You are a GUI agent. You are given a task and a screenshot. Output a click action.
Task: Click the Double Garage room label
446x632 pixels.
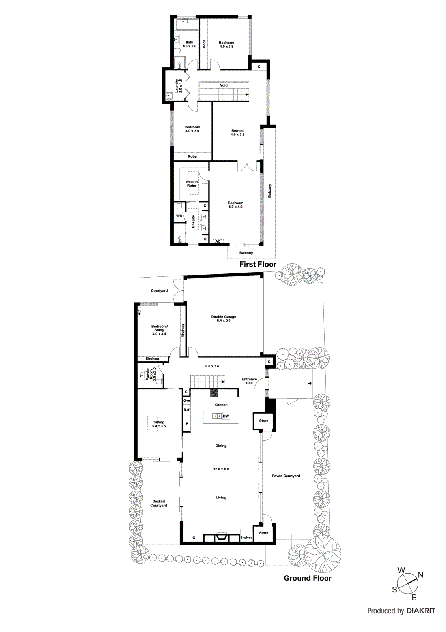224,318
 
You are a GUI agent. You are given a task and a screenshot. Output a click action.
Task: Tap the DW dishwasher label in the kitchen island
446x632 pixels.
226,416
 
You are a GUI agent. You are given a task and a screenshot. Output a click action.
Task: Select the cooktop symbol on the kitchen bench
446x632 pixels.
214,393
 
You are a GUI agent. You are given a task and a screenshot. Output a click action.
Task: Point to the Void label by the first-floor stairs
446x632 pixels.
224,85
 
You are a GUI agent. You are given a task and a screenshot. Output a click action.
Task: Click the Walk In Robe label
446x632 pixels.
192,184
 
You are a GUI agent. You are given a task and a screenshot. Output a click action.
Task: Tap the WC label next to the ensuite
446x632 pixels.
179,216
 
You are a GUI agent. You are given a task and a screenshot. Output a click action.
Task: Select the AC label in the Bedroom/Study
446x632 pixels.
139,312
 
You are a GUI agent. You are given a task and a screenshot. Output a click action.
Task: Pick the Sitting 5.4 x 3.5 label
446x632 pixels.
159,424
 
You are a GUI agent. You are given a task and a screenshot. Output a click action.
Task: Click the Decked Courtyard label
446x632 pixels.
159,503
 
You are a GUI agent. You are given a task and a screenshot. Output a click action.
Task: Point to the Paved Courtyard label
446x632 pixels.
286,476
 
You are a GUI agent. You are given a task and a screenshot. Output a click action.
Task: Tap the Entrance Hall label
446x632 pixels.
249,381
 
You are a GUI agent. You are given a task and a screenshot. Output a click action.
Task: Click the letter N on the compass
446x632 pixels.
420,575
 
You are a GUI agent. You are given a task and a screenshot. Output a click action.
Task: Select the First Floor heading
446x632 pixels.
258,264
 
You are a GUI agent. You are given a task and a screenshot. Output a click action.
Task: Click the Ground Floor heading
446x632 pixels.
308,578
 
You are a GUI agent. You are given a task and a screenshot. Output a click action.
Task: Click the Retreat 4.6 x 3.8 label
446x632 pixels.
237,132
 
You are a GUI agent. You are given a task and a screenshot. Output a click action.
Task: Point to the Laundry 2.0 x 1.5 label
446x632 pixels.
179,86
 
